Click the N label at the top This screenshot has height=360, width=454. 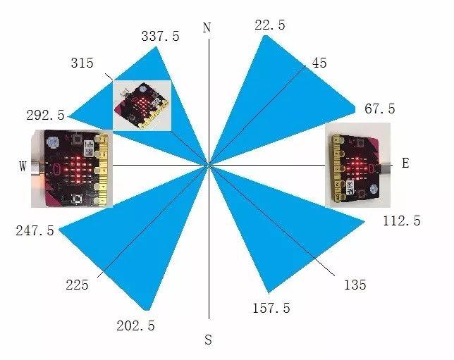tap(207, 28)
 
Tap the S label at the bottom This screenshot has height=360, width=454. tap(208, 340)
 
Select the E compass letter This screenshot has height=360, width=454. tap(405, 163)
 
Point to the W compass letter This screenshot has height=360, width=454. tap(23, 166)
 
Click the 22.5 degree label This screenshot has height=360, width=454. tap(269, 25)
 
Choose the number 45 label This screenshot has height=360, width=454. tap(319, 63)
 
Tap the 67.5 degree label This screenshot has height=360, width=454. tap(379, 109)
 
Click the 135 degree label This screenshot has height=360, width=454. tap(355, 285)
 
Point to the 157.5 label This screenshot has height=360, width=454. tap(271, 309)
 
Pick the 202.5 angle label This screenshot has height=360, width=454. tap(135, 326)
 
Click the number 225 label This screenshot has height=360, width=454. tap(76, 285)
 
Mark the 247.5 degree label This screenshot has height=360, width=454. tap(35, 231)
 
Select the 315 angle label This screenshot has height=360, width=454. tap(82, 63)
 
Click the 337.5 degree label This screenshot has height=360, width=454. tap(160, 37)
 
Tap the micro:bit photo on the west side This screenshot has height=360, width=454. tap(72, 168)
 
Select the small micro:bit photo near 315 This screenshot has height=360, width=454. tap(143, 105)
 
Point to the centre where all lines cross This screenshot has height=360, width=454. tap(209, 165)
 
